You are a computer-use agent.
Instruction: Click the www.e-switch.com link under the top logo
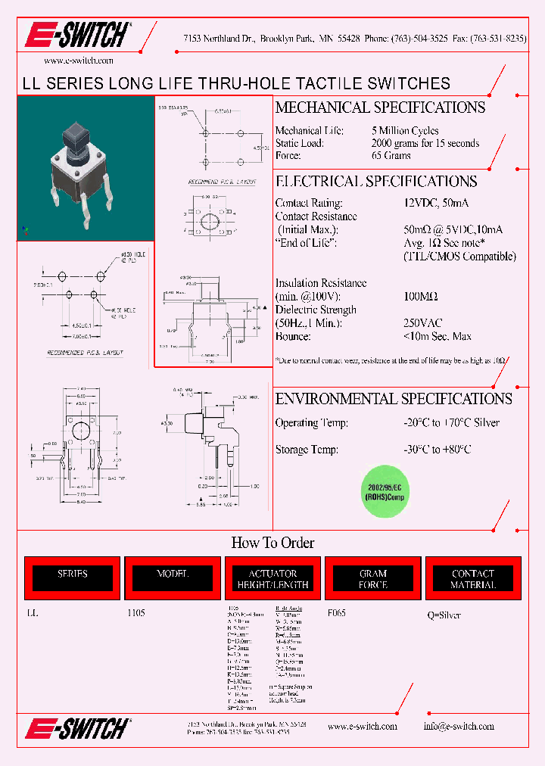(x=79, y=61)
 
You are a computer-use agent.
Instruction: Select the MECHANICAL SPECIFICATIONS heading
(x=380, y=107)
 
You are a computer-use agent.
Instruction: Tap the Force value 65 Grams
(x=391, y=155)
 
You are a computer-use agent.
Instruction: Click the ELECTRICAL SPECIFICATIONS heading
(x=376, y=182)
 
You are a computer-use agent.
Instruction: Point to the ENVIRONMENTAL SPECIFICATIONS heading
(x=394, y=399)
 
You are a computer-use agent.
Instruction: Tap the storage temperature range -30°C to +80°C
(x=438, y=450)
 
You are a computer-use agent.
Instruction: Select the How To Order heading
(x=272, y=543)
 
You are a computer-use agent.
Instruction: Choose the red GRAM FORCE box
(x=372, y=579)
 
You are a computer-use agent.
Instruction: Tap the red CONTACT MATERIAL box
(x=473, y=579)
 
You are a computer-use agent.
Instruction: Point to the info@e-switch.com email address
(x=459, y=726)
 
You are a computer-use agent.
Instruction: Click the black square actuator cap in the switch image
(x=78, y=136)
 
